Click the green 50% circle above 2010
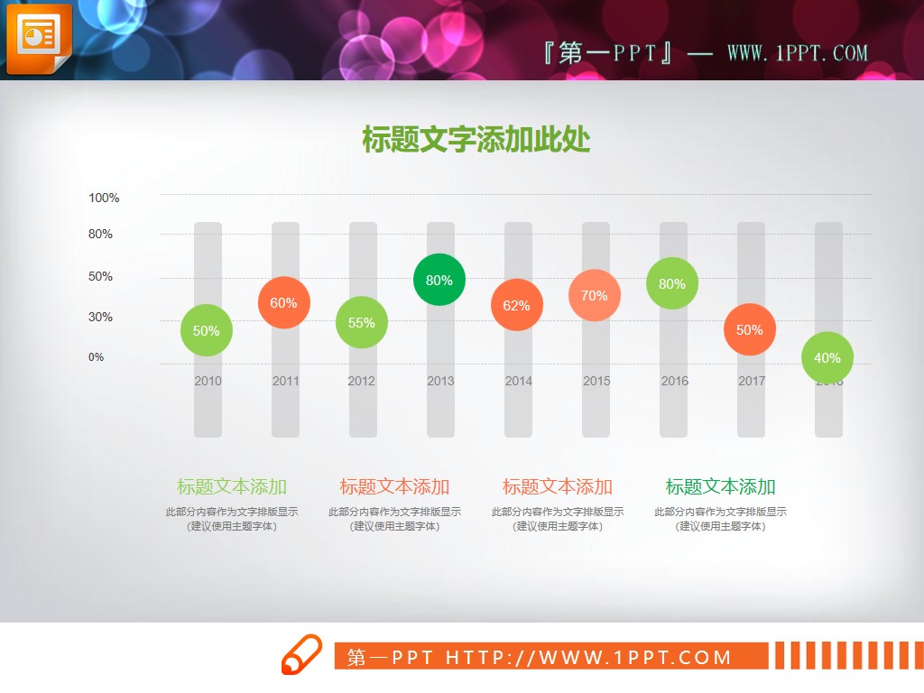click(207, 330)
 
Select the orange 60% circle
click(284, 302)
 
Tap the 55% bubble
click(362, 322)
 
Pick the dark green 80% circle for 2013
click(439, 280)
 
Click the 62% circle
click(517, 305)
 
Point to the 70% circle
click(595, 295)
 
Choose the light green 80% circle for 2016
click(672, 283)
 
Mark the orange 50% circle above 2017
click(750, 329)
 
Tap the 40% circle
click(827, 357)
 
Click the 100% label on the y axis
click(104, 198)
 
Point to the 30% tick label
click(100, 317)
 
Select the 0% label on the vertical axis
click(97, 356)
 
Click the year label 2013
click(440, 381)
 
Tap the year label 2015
click(596, 381)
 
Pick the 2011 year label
click(285, 381)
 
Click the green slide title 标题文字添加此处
click(476, 141)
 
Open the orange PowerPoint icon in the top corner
click(37, 39)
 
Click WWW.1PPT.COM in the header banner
click(798, 53)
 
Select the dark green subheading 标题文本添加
click(720, 487)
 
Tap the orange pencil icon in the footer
click(301, 654)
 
